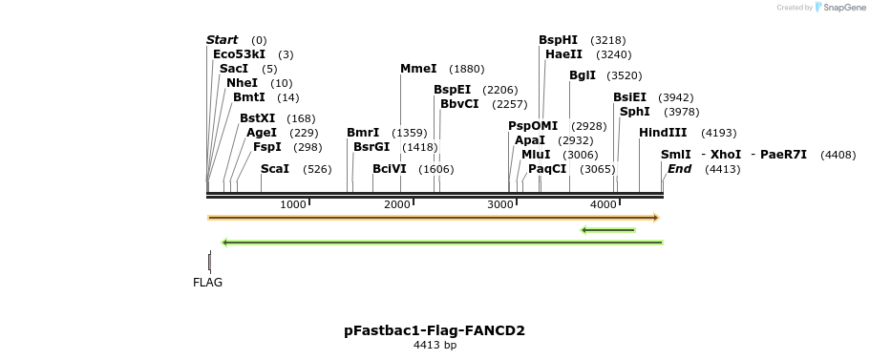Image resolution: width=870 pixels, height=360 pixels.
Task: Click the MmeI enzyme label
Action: coord(418,69)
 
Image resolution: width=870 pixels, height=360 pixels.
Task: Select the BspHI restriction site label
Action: coord(558,40)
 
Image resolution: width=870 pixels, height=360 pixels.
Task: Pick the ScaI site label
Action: coord(275,169)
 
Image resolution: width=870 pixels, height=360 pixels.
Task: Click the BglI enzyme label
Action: coord(583,75)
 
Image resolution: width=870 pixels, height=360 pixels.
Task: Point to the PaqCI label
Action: coord(547,169)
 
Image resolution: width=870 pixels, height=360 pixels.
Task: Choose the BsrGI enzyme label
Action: coord(371,147)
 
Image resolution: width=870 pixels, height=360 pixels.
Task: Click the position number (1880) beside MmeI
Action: coord(466,69)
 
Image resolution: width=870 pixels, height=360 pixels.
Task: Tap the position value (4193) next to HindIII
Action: coord(718,133)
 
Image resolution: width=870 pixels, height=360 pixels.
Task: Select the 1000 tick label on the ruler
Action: coord(293,204)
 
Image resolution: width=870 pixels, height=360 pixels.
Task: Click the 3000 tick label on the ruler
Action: coord(500,204)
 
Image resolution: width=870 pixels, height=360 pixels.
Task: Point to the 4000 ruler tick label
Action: coord(604,204)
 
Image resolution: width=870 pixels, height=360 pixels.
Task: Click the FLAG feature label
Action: coord(207,283)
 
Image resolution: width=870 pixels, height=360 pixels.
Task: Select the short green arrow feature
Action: coord(608,229)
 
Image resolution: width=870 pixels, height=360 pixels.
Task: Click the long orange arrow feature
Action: coord(433,218)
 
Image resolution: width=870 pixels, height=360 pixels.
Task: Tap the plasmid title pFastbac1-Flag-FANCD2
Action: coord(435,330)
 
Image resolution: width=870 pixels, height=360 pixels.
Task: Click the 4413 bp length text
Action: coord(435,346)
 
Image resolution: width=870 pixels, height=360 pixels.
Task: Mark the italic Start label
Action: coord(223,40)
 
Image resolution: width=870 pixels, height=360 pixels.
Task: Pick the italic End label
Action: coord(680,169)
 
